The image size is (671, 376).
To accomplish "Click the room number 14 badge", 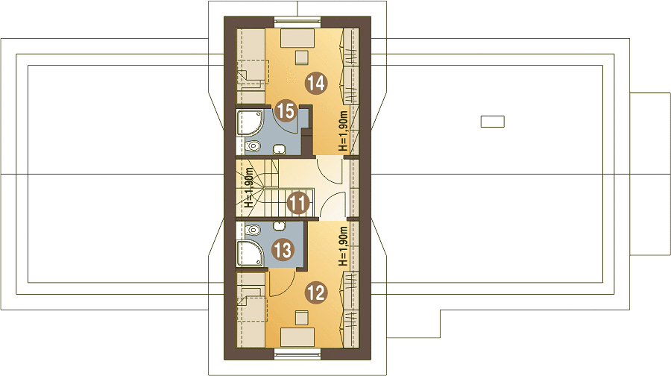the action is pyautogui.click(x=316, y=83).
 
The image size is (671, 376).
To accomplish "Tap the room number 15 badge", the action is pyautogui.click(x=286, y=110).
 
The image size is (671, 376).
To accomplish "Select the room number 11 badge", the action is pyautogui.click(x=297, y=203).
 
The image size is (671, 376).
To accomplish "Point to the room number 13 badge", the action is pyautogui.click(x=283, y=250).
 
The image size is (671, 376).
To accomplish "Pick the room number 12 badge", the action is pyautogui.click(x=316, y=293).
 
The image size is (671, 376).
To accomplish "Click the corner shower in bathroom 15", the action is pyautogui.click(x=249, y=122).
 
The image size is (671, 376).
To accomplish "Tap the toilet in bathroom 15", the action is pyautogui.click(x=252, y=146).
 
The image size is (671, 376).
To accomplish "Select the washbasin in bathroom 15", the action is pyautogui.click(x=280, y=149).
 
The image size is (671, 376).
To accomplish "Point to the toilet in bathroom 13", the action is pyautogui.click(x=252, y=230).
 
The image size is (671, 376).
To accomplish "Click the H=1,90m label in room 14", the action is pyautogui.click(x=343, y=131).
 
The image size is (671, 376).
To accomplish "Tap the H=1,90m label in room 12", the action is pyautogui.click(x=343, y=246).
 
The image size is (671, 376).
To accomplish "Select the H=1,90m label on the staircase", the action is pyautogui.click(x=249, y=187).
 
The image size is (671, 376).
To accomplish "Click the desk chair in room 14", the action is pyautogui.click(x=302, y=57).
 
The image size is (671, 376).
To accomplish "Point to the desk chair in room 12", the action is pyautogui.click(x=302, y=318).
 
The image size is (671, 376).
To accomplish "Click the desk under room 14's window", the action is pyautogui.click(x=297, y=38).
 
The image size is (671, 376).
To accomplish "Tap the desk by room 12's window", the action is pyautogui.click(x=297, y=337).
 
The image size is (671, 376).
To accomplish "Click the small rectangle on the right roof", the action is pyautogui.click(x=493, y=122).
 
